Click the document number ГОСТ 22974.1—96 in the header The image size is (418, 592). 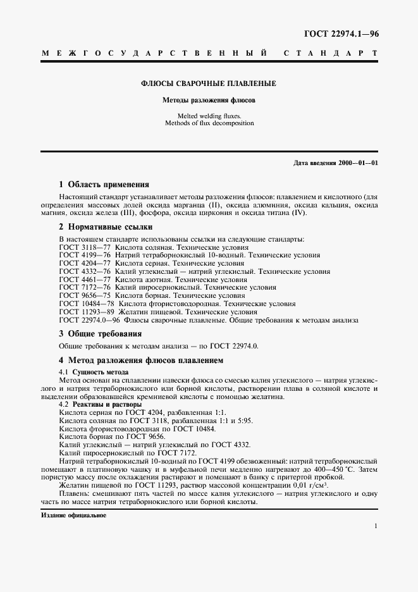341,34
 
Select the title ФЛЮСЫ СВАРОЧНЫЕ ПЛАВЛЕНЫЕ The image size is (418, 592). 207,83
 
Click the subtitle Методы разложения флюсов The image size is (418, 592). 207,100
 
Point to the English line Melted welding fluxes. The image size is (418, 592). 207,116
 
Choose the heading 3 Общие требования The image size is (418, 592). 100,333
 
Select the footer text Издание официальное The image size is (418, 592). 73,515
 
